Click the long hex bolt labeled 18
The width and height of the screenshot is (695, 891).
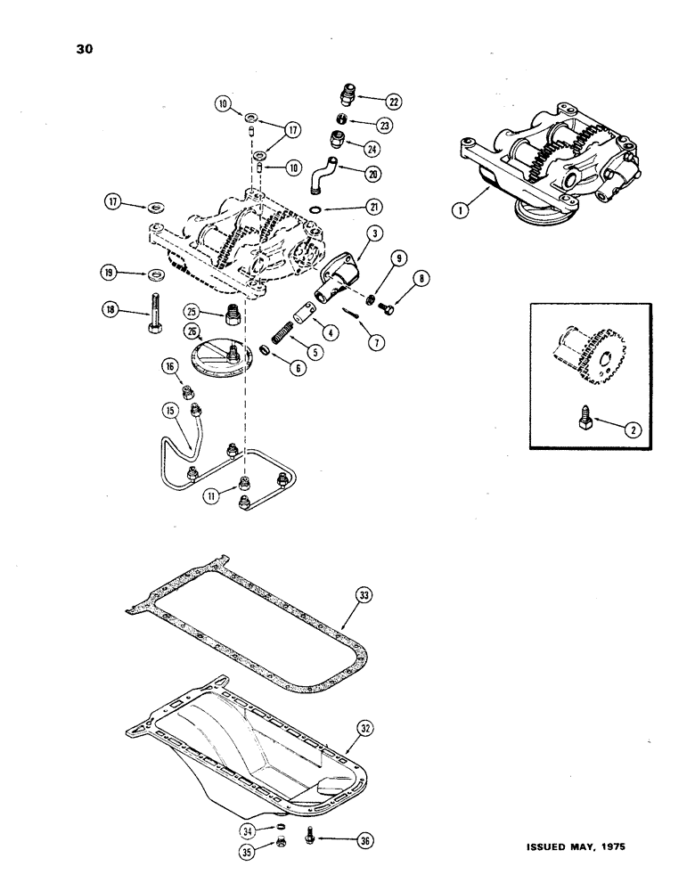[158, 309]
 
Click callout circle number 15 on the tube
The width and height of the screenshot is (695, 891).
[170, 410]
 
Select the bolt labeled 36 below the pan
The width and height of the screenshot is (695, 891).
[311, 838]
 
